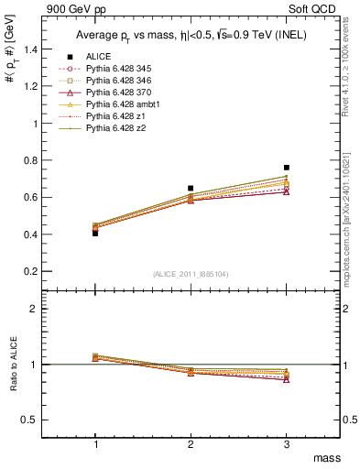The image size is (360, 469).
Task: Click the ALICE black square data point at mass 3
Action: click(x=287, y=168)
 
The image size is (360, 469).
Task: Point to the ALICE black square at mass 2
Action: click(x=191, y=188)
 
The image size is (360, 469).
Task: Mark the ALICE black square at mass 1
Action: click(x=95, y=233)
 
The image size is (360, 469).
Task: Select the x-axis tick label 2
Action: click(x=191, y=443)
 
